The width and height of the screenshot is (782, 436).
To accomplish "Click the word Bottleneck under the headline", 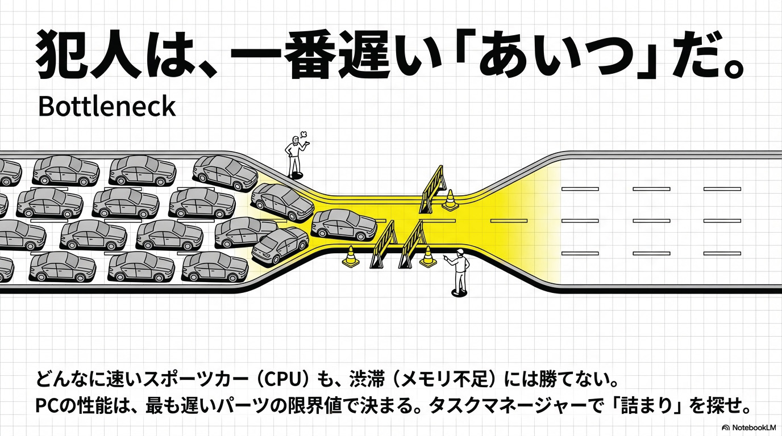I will pyautogui.click(x=107, y=106).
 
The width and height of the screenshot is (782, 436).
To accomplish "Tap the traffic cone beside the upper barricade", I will pyautogui.click(x=450, y=200).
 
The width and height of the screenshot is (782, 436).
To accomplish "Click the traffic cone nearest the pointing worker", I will pyautogui.click(x=428, y=256).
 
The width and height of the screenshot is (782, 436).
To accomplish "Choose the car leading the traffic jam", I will pyautogui.click(x=344, y=224).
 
